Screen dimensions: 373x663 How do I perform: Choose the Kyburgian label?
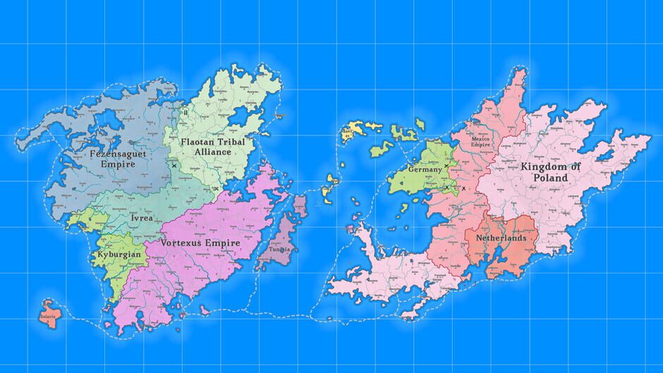click(x=119, y=254)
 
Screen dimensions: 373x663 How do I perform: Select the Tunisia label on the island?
click(x=277, y=250)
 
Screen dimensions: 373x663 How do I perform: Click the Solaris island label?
click(x=47, y=317)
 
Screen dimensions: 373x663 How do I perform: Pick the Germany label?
click(x=425, y=170)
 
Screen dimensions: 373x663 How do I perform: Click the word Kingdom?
click(x=549, y=166)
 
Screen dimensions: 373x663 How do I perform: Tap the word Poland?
click(x=550, y=178)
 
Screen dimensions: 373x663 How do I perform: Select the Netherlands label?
click(x=501, y=238)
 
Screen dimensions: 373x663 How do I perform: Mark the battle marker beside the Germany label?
click(x=446, y=166)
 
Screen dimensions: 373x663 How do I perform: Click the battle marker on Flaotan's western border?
click(x=174, y=166)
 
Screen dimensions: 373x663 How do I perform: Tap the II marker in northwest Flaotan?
click(x=185, y=111)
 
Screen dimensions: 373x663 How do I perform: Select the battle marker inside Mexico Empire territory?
click(x=463, y=189)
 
